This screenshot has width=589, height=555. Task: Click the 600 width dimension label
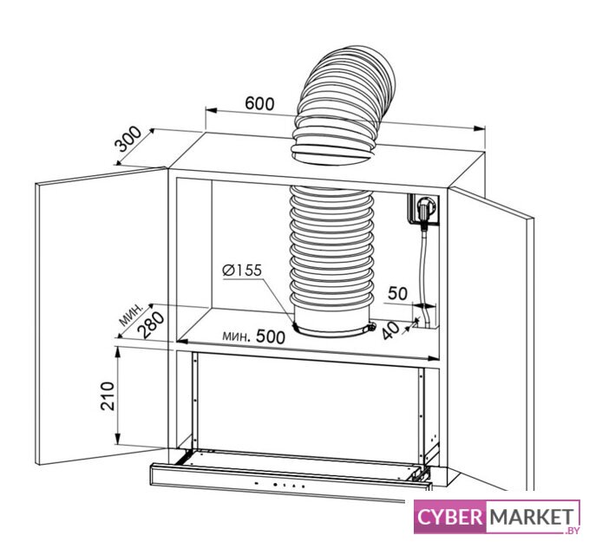tap(259, 103)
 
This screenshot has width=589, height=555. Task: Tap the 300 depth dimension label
tap(128, 139)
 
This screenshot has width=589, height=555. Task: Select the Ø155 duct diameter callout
tap(241, 270)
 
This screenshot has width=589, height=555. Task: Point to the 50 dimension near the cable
tap(398, 293)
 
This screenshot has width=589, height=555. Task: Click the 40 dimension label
tap(391, 330)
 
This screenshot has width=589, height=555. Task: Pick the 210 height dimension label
tap(108, 395)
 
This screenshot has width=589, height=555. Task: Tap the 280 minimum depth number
tap(151, 325)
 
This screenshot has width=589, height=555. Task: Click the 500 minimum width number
tap(271, 336)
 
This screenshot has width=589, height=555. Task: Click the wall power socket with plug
tap(424, 209)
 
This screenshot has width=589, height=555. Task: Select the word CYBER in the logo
tap(449, 517)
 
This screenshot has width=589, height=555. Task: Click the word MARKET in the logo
tap(531, 517)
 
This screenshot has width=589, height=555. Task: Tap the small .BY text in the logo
tap(571, 530)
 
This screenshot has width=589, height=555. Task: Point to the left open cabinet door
tap(101, 317)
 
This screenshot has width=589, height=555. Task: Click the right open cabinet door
tap(491, 338)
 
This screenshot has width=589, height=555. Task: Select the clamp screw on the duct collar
tap(371, 327)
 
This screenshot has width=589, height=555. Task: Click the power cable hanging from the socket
tap(425, 274)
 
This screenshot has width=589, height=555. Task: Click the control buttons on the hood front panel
tap(279, 485)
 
